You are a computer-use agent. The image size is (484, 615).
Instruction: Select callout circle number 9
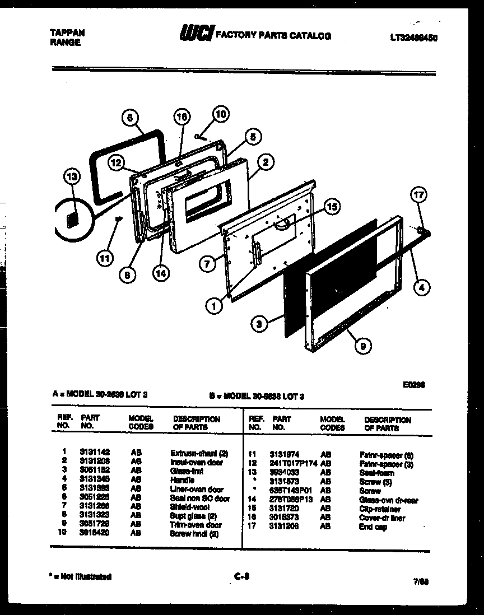[x=363, y=346]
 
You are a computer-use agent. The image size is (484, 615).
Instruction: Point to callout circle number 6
[x=129, y=118]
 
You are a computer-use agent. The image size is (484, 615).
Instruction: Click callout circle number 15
[x=332, y=207]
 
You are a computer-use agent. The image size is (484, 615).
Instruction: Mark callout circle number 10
[x=221, y=114]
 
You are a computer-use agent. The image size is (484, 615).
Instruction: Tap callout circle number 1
[x=213, y=306]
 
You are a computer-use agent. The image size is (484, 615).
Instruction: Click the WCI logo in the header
[x=196, y=35]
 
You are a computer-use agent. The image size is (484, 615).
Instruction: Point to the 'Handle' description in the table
[x=182, y=480]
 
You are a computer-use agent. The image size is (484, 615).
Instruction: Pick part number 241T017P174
[x=293, y=463]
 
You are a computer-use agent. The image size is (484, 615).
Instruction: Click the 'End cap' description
[x=373, y=527]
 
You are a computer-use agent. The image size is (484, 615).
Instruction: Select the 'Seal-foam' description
[x=376, y=473]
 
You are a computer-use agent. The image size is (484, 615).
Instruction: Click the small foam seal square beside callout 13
[x=72, y=219]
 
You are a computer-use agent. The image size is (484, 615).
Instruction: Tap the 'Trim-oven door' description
[x=196, y=525]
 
